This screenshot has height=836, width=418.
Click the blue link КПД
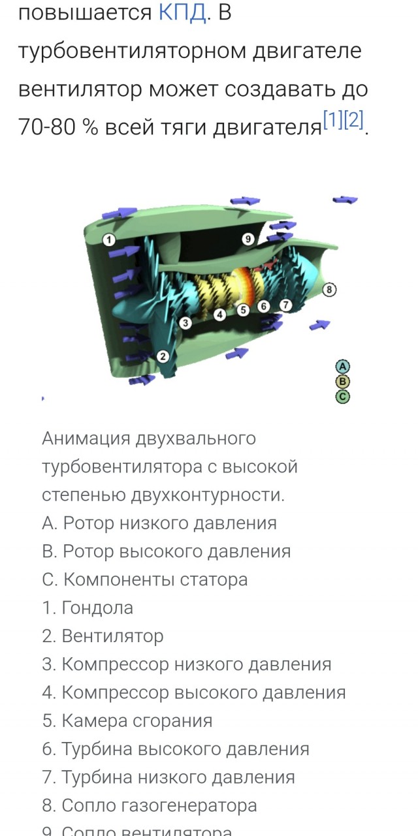coord(183,13)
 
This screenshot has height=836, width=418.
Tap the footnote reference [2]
coord(353,119)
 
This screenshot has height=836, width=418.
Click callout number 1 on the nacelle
coord(109,240)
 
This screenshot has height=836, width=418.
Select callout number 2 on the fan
coord(163,356)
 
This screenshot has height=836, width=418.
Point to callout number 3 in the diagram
coord(185,322)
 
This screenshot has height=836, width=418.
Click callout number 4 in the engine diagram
coord(220,315)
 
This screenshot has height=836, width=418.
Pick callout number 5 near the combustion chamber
coord(243,310)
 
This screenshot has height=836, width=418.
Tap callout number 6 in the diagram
coord(264,306)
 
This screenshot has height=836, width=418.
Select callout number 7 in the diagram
coord(285,304)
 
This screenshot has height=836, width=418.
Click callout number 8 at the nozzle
coord(330,288)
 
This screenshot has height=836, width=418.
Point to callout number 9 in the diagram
coord(248,239)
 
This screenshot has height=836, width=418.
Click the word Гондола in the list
coord(97,608)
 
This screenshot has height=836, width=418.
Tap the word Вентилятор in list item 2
coord(112,636)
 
